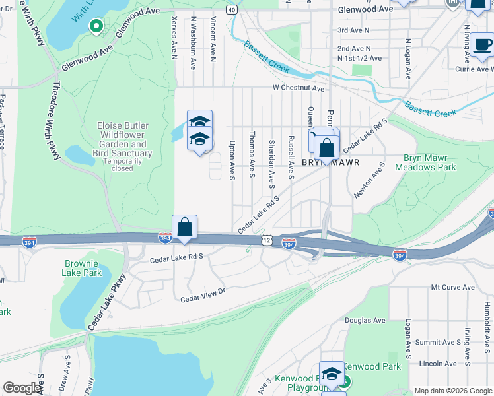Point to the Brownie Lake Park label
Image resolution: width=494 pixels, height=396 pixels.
[x=83, y=267]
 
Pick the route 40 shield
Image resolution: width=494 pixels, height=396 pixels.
[x=230, y=9]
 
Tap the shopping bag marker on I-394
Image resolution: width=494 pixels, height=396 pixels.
[x=185, y=228]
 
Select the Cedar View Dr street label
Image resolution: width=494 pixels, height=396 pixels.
[x=203, y=295]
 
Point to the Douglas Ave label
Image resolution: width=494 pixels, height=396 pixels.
[x=365, y=321]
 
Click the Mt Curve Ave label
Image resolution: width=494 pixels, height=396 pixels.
[x=452, y=288]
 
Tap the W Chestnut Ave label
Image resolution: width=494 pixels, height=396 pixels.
[x=299, y=88]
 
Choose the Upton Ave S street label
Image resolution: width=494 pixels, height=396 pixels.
[x=232, y=159]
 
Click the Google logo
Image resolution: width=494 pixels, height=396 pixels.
[x=22, y=388]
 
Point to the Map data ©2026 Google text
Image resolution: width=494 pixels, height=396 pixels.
[x=453, y=391]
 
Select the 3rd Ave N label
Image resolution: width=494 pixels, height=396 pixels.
[x=353, y=30]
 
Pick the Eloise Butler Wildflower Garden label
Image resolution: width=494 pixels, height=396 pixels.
[x=123, y=139]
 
